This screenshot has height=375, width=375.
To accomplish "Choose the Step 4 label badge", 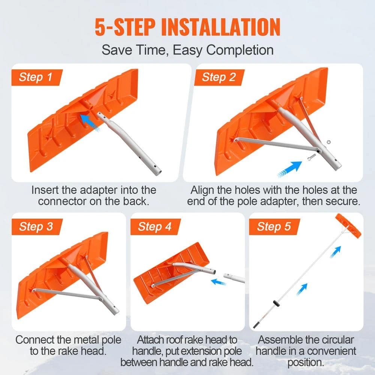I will point(154,227).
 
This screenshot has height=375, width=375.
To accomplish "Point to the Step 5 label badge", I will point(274,227).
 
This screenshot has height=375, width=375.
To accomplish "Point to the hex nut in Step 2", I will point(328,142).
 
